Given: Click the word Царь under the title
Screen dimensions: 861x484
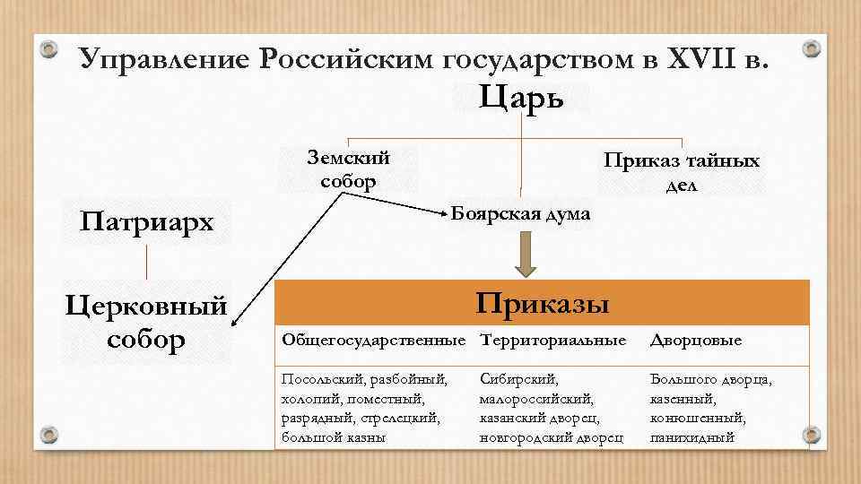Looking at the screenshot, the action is tap(522, 97).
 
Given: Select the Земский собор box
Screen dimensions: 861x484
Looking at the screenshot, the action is tap(348, 169).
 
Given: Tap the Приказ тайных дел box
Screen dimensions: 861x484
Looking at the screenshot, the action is tap(682, 172).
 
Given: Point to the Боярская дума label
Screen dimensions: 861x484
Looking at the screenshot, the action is tap(521, 213).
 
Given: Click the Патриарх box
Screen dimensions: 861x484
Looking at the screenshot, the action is tap(148, 220).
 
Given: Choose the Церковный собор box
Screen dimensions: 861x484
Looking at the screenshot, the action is tap(147, 324).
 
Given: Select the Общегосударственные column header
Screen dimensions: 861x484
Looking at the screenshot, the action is tap(374, 341).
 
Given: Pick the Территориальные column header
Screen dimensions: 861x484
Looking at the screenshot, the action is tap(553, 341).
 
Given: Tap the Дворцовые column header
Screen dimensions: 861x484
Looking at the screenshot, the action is tap(696, 341).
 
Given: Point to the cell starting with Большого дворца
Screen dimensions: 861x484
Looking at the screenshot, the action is tap(710, 408).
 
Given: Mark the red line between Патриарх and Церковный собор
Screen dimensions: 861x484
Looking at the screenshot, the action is tap(147, 261).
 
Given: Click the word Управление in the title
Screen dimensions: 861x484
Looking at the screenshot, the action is tap(162, 59).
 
